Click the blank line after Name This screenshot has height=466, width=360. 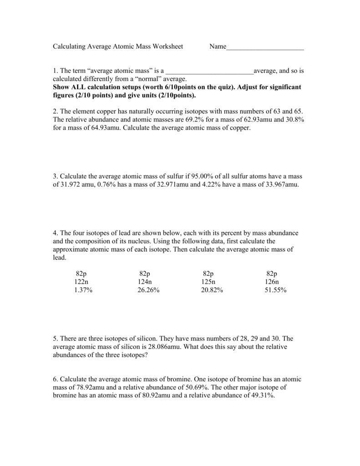(x=265, y=47)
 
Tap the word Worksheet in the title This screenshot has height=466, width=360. (x=168, y=46)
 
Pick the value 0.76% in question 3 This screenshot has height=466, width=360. (x=106, y=185)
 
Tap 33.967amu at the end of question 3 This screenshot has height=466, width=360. (x=280, y=185)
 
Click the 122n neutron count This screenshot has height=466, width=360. (x=81, y=282)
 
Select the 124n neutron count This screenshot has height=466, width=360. (x=145, y=282)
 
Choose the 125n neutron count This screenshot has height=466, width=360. (x=208, y=282)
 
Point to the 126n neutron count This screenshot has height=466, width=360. (x=272, y=282)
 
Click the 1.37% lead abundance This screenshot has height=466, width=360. (x=83, y=290)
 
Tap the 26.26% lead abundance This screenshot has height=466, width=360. (x=148, y=290)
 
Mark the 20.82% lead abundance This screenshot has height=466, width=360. (x=212, y=290)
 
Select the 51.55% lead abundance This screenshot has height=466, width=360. (x=275, y=290)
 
